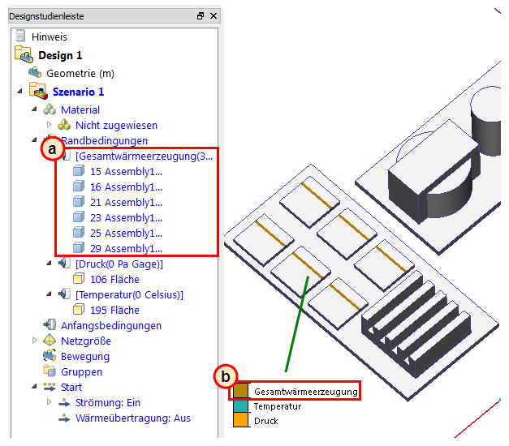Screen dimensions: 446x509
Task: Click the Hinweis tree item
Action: click(49, 37)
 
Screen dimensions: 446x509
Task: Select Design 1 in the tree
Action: click(59, 55)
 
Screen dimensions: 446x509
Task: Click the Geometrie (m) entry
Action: click(80, 74)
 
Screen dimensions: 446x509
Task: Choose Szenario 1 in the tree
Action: click(78, 92)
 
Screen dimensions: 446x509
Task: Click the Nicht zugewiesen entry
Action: click(116, 126)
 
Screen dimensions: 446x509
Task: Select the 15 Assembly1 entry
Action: click(126, 172)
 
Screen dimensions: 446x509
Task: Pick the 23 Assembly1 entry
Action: click(126, 218)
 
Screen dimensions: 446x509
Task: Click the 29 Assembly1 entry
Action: click(126, 249)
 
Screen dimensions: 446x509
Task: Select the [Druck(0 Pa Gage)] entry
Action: click(119, 264)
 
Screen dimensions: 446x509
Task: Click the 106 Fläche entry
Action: click(114, 280)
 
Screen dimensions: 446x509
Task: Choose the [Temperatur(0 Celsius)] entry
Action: click(129, 295)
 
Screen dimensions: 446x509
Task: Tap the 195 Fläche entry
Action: click(114, 311)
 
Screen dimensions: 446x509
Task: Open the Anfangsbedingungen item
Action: click(110, 326)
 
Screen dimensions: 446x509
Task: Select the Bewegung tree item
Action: click(84, 357)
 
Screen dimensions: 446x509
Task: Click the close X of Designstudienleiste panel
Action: click(214, 16)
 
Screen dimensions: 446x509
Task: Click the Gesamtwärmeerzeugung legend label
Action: click(305, 392)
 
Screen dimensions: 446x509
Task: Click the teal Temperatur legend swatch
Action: click(240, 406)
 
